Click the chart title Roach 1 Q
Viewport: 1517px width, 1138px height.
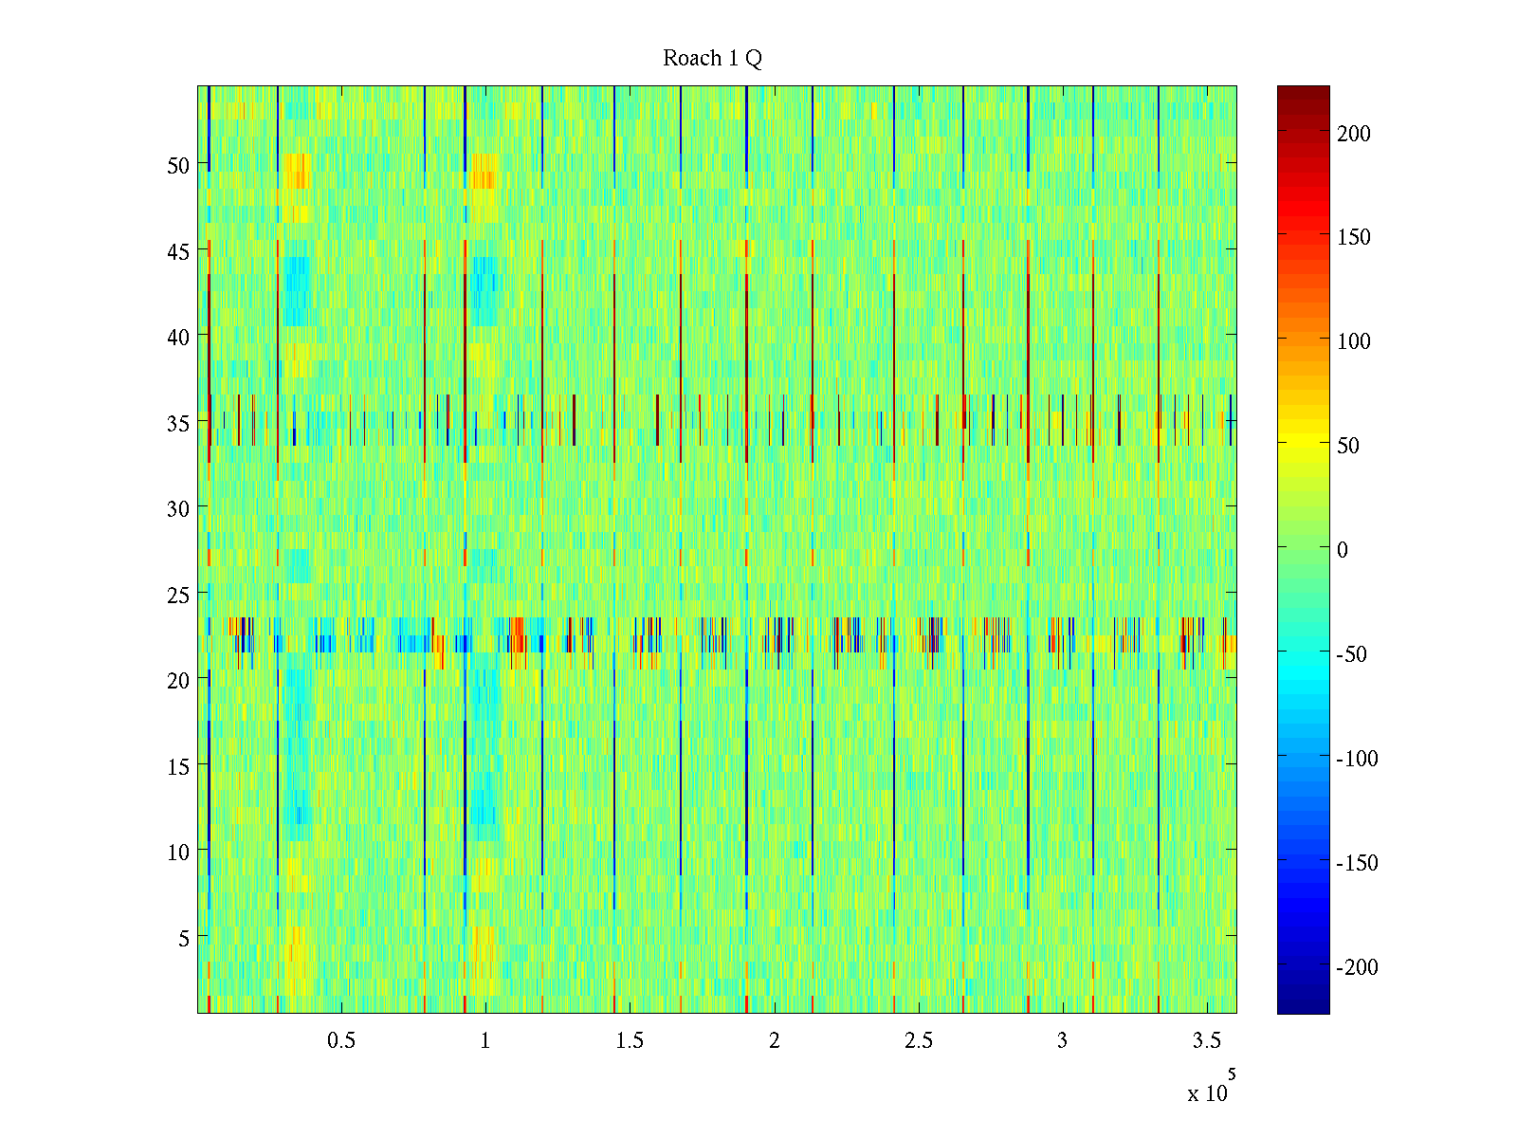click(712, 59)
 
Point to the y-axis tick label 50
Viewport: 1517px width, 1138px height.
click(178, 165)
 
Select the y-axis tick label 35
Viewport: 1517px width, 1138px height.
click(178, 423)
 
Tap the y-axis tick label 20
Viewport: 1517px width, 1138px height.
click(178, 680)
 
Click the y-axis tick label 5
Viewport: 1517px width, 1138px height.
click(184, 938)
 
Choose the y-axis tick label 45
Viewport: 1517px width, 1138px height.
click(178, 251)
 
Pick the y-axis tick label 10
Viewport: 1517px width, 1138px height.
click(178, 852)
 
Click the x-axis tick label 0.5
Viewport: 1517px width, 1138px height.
click(341, 1041)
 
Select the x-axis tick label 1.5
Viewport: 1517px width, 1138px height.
click(630, 1041)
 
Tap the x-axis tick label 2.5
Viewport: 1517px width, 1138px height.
click(919, 1041)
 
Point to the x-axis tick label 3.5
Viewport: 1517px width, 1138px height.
click(1207, 1041)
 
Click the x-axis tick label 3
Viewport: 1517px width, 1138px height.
click(1062, 1041)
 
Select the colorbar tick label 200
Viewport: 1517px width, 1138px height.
click(1354, 134)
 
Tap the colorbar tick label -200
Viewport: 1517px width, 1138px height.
click(1358, 967)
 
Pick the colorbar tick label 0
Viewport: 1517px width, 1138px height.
click(1342, 550)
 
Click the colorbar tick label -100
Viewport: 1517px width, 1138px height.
click(1358, 759)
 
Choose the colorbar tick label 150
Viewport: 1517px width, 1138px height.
click(1354, 237)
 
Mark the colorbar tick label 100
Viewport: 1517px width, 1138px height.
click(1354, 341)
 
